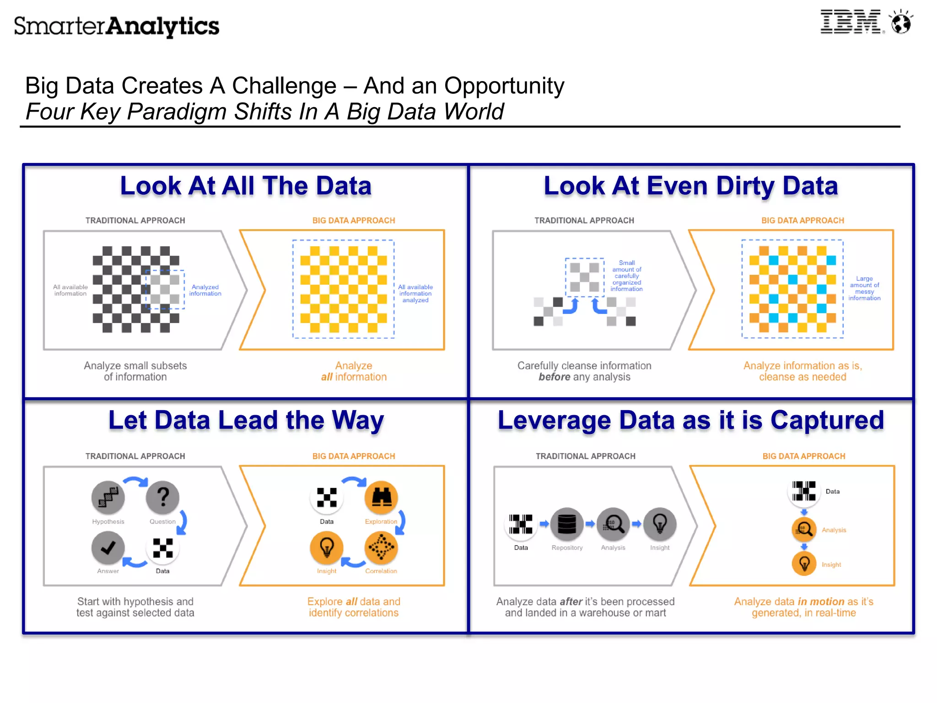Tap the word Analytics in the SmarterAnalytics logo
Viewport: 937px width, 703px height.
(x=163, y=27)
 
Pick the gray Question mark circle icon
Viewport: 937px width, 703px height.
(x=162, y=498)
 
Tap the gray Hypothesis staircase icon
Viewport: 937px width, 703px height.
(x=108, y=498)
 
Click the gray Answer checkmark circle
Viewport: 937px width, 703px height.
(x=108, y=548)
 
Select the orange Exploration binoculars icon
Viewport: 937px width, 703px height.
(x=381, y=498)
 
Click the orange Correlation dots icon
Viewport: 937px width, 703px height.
(x=381, y=548)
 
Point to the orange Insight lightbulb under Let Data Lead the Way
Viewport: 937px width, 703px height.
(x=327, y=548)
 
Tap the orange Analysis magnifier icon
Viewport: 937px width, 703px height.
(x=804, y=530)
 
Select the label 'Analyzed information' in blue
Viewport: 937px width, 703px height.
(x=205, y=290)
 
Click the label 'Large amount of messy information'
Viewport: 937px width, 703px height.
(x=864, y=288)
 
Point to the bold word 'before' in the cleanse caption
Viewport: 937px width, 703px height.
(x=555, y=377)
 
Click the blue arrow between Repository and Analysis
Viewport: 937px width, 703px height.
(x=590, y=524)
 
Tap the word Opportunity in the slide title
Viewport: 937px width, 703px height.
(x=504, y=86)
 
